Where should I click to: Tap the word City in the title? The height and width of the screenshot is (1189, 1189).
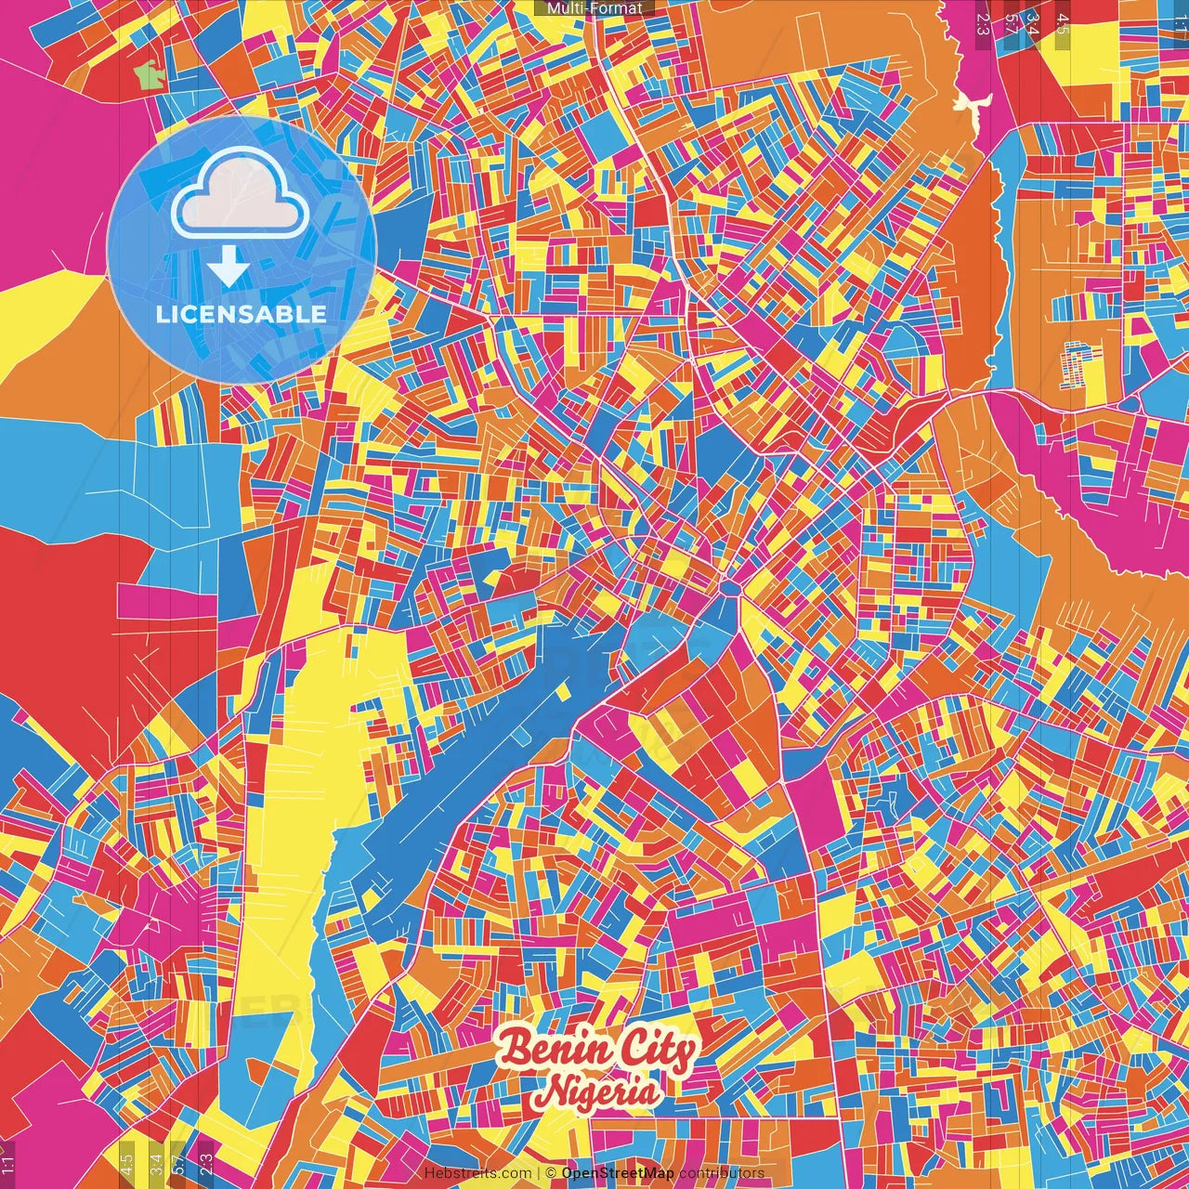point(656,1050)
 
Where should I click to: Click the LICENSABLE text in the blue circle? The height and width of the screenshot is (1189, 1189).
point(242,314)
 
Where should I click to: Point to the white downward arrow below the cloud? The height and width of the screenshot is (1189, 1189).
point(228,267)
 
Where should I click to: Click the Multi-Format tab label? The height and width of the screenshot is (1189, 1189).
point(594,8)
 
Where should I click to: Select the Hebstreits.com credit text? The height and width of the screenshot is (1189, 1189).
point(478,1173)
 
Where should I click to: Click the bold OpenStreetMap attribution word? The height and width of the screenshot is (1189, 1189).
point(618,1173)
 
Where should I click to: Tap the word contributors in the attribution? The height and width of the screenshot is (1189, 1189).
point(722,1173)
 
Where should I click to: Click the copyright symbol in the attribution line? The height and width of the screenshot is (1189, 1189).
point(550,1173)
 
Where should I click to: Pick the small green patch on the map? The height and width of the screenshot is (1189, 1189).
point(148,74)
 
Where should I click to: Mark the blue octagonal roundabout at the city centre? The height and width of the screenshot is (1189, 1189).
point(730,587)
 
